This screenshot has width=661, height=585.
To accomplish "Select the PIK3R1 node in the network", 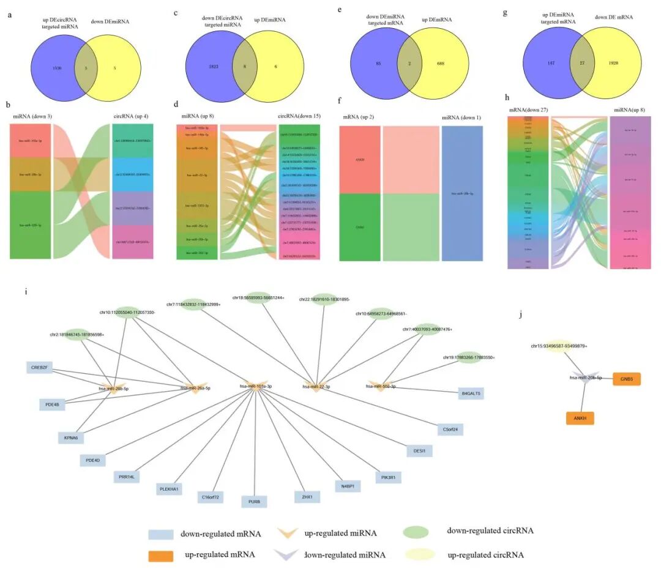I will pyautogui.click(x=387, y=477).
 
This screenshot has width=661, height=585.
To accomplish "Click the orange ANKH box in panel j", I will pyautogui.click(x=580, y=419).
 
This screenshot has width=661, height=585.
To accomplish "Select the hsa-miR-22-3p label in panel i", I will pyautogui.click(x=317, y=386).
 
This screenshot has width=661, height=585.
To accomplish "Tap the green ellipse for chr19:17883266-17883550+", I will pyautogui.click(x=469, y=357).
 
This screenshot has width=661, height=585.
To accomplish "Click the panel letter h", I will pyautogui.click(x=505, y=97).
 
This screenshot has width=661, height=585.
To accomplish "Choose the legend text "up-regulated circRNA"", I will pyautogui.click(x=486, y=555).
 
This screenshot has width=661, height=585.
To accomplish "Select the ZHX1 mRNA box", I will pyautogui.click(x=307, y=497).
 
